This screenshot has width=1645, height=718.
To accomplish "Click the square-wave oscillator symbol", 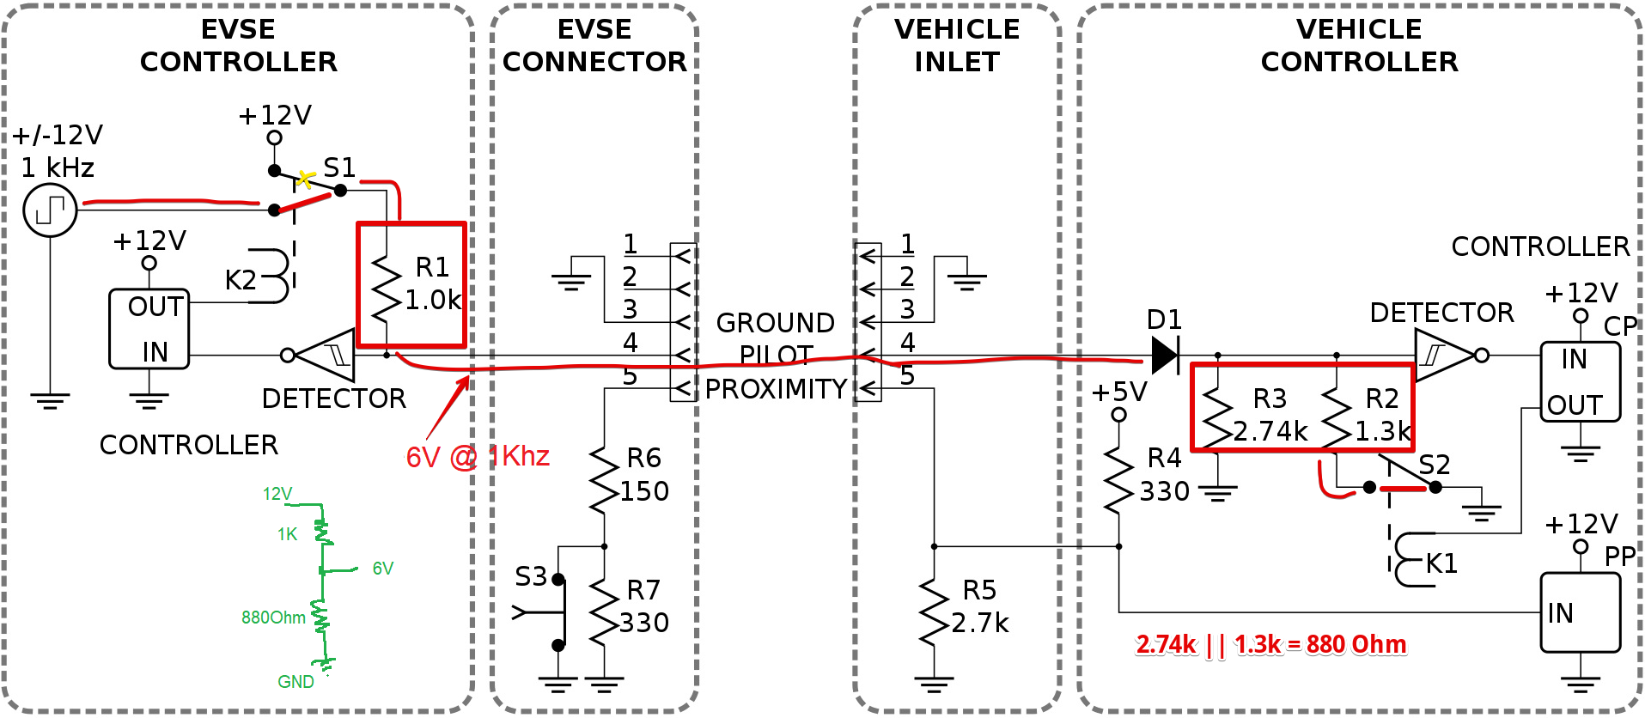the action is coord(50,210).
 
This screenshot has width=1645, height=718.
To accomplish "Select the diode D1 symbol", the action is coord(1165,355).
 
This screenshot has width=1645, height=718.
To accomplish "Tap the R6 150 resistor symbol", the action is coord(605,480).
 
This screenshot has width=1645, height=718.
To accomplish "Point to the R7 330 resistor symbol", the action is coord(605,612).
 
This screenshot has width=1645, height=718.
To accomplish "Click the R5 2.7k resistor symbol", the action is coord(934,612).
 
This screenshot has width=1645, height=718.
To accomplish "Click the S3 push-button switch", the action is coord(550,612).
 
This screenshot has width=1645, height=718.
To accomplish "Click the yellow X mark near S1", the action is coord(305,179).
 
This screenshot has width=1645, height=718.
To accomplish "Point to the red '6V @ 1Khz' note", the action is coord(478,456).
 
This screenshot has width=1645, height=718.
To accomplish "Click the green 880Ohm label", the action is coord(273,618).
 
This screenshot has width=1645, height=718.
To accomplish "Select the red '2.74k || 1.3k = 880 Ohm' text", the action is coord(1271,644).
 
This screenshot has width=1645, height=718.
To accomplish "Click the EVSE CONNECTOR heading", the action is coord(594,46).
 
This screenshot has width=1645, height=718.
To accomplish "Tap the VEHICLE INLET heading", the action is coord(957,46).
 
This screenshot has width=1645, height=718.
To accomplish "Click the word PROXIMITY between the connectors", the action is coord(776,389).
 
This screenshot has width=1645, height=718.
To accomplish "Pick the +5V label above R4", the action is coord(1119,392).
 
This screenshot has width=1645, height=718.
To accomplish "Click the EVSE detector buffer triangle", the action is coord(325,355).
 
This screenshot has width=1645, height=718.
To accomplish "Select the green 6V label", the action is coord(383,569).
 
